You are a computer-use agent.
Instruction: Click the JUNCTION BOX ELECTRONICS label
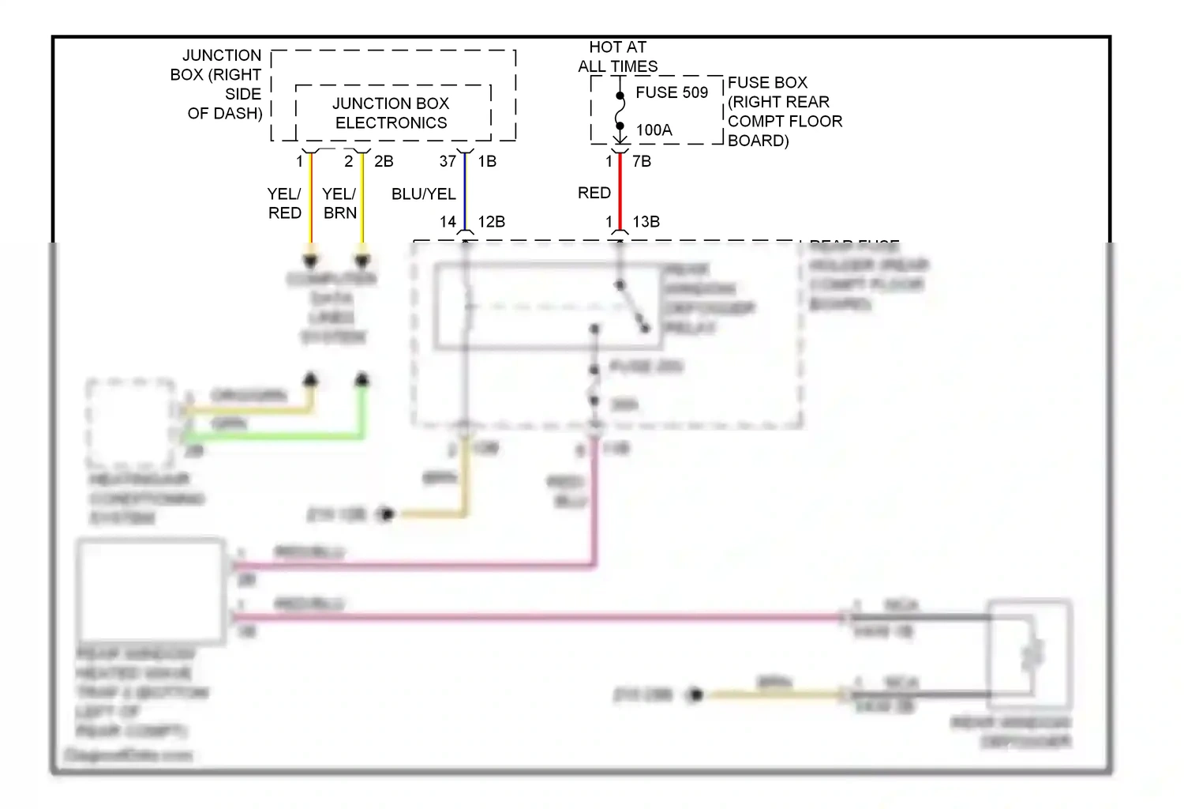(x=391, y=113)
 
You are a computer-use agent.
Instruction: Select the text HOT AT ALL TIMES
(x=617, y=57)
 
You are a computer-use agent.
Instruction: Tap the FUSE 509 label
(x=672, y=92)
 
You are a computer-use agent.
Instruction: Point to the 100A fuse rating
(x=654, y=130)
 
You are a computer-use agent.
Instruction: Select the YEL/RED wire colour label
(x=284, y=203)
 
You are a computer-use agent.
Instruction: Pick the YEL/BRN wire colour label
(x=339, y=203)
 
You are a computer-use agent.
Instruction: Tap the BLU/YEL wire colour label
(x=424, y=194)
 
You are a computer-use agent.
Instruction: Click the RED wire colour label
(x=594, y=193)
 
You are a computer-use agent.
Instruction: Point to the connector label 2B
(x=384, y=161)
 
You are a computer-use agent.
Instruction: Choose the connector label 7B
(x=642, y=161)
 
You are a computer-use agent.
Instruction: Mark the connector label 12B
(x=491, y=222)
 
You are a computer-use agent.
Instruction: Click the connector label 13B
(x=646, y=222)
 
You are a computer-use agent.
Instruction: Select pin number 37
(x=448, y=161)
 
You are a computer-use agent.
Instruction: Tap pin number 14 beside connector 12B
(x=448, y=222)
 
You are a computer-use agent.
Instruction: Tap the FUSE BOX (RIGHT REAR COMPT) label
(x=785, y=111)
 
